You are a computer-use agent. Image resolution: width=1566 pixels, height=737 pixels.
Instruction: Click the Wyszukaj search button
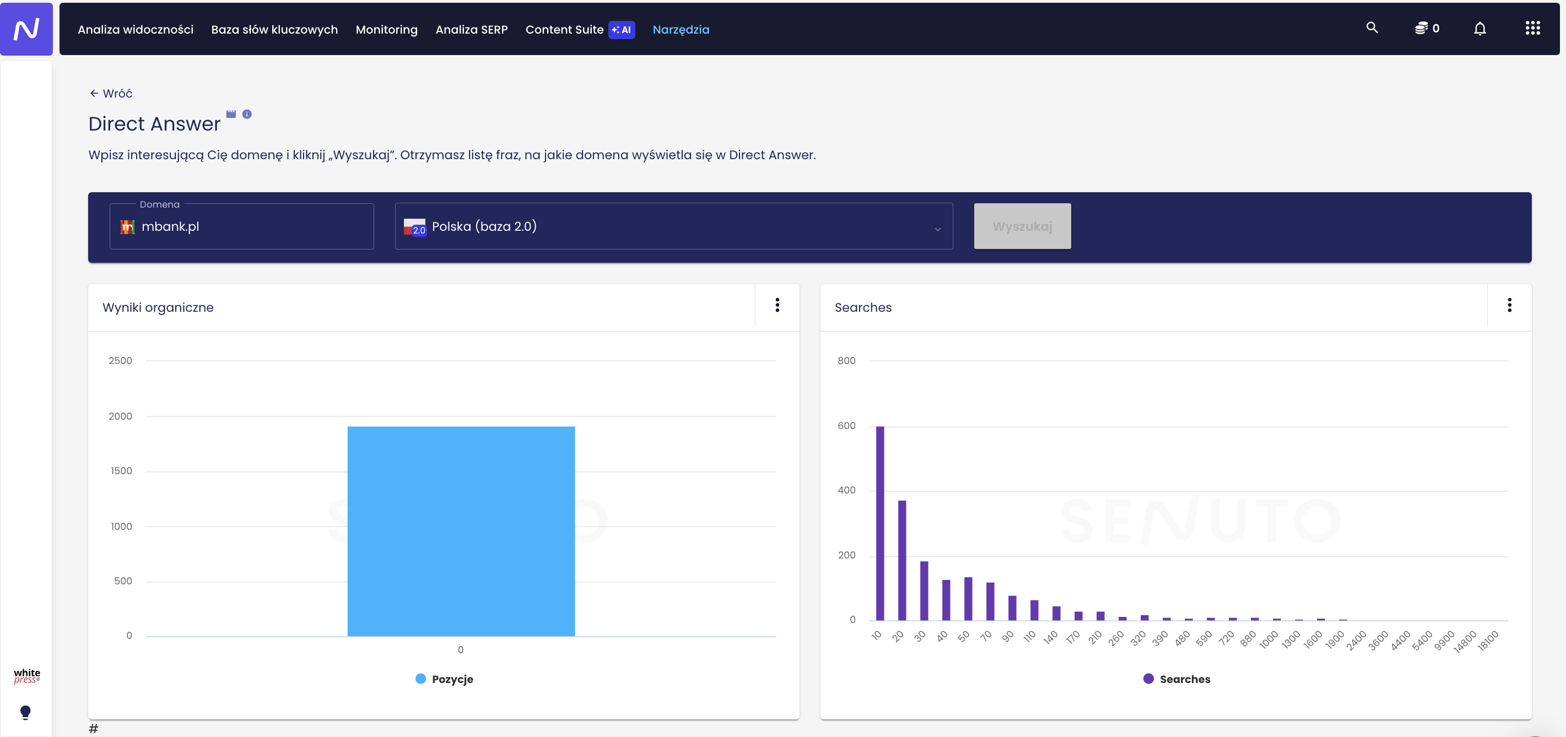click(1022, 226)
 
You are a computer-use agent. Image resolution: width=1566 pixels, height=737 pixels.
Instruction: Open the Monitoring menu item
click(387, 29)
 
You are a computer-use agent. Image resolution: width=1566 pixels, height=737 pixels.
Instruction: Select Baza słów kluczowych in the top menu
click(274, 29)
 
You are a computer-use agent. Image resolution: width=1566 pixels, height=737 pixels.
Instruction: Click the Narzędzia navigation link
click(681, 29)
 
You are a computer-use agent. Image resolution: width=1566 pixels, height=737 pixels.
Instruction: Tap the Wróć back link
click(111, 93)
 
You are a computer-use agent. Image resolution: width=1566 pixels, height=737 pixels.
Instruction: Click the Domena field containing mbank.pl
click(241, 226)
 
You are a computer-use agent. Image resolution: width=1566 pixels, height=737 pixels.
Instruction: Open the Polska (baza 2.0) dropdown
click(673, 226)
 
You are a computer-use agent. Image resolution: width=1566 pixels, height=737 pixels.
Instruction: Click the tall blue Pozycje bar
click(461, 531)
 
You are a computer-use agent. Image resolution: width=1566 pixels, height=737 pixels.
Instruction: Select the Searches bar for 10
click(879, 523)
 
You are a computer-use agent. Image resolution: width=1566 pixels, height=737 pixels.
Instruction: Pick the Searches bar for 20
click(902, 560)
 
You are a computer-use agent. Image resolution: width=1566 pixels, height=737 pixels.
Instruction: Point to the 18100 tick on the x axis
click(1488, 641)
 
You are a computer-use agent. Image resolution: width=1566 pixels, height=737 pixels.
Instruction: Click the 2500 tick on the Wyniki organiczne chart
click(120, 360)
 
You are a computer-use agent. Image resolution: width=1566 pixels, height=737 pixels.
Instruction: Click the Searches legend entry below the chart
click(1177, 679)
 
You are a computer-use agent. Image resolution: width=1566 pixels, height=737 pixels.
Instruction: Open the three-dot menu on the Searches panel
click(1509, 305)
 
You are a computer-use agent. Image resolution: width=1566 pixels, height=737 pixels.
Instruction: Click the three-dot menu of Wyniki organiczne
click(777, 305)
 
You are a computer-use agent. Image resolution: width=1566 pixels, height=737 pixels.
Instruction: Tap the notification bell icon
click(1479, 29)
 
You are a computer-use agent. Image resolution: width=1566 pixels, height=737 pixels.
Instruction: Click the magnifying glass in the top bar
click(1372, 28)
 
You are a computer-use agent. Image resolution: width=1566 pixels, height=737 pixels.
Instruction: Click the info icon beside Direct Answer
click(247, 114)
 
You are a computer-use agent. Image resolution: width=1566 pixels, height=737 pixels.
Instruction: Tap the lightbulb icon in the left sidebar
click(25, 712)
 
